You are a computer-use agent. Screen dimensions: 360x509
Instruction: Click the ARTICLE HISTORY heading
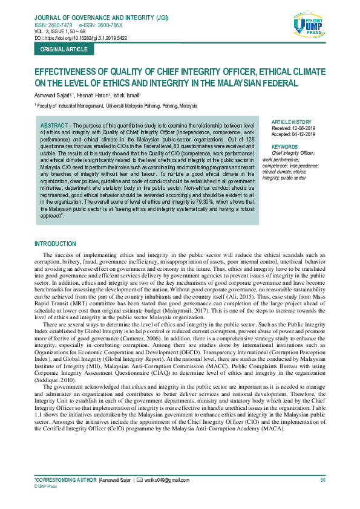coord(292,122)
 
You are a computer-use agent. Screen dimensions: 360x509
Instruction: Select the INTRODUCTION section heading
coord(55,244)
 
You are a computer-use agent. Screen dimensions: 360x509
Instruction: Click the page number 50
coord(323,480)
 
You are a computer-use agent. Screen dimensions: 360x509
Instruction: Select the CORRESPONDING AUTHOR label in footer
coord(65,480)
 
